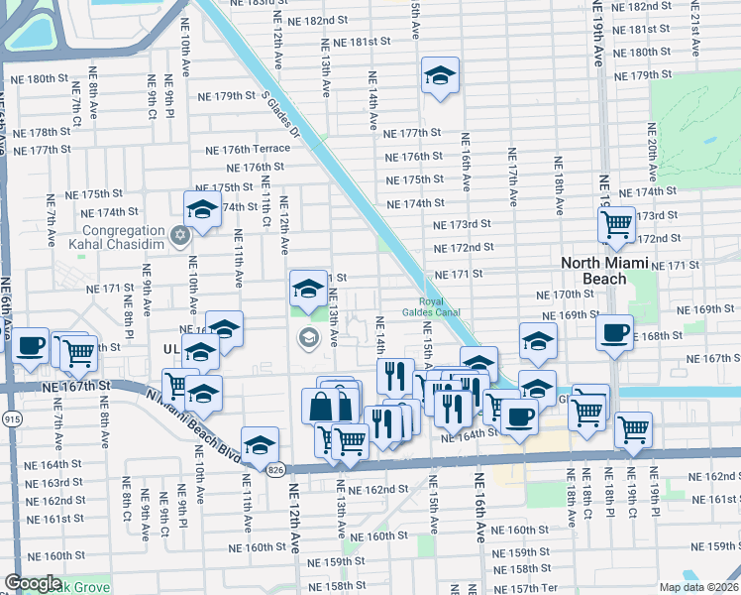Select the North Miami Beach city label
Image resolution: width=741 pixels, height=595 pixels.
click(x=607, y=270)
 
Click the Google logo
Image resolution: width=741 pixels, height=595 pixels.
click(x=33, y=583)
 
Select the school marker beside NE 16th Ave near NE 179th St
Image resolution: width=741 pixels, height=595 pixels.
click(x=439, y=75)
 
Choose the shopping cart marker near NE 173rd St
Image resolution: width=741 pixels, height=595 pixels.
click(x=617, y=225)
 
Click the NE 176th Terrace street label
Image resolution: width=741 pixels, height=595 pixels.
click(x=248, y=150)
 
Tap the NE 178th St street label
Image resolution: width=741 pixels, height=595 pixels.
click(x=39, y=133)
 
